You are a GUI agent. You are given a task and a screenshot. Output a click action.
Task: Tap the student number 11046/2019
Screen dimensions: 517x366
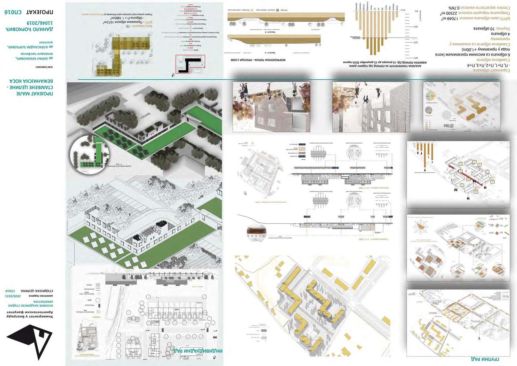point(40,23)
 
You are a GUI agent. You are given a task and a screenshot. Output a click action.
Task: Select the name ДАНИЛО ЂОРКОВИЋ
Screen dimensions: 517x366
point(29,29)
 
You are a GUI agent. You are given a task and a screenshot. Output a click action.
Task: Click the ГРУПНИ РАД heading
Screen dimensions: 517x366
point(485,359)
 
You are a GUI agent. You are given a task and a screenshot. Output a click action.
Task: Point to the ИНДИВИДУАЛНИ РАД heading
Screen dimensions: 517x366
point(198,351)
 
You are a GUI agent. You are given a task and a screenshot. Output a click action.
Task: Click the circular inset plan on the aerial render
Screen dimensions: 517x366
point(90,155)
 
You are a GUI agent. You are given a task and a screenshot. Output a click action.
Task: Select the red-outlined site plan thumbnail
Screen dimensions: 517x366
point(190,64)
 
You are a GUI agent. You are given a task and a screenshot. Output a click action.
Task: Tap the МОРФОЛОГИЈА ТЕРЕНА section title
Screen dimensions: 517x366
point(258,60)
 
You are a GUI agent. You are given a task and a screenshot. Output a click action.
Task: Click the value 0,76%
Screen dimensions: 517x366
point(454,8)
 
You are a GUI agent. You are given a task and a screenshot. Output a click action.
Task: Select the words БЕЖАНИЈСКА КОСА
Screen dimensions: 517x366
point(31,81)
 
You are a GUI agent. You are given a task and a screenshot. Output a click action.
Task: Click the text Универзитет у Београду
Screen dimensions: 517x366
point(30,316)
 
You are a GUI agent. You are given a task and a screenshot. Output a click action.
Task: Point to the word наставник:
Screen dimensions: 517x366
point(44,67)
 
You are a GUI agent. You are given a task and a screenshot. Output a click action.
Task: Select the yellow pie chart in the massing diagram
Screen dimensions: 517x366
point(430,96)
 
